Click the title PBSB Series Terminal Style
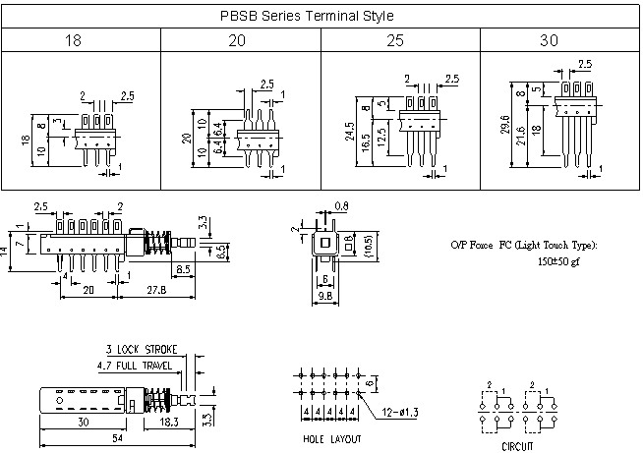tap(321, 17)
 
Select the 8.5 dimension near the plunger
tap(184, 267)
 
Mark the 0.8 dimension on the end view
tap(340, 206)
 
